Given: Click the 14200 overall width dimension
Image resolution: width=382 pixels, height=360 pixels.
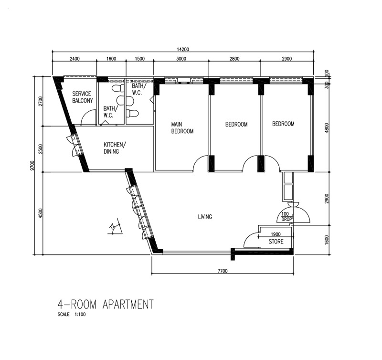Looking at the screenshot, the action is tap(183, 50).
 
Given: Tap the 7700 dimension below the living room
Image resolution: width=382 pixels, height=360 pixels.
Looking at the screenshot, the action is tap(223, 271).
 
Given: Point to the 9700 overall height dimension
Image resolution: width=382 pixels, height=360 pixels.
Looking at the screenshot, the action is tap(33, 166).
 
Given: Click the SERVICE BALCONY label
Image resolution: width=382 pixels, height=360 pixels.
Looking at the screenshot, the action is tap(83, 97).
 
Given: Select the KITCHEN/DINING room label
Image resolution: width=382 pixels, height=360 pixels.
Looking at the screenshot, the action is tap(115, 148).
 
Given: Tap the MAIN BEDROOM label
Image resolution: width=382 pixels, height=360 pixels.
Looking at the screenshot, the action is tap(182, 128).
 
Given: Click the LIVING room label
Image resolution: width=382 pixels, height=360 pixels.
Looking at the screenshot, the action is tap(205, 217).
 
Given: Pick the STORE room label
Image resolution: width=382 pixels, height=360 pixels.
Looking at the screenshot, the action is tap(276, 242).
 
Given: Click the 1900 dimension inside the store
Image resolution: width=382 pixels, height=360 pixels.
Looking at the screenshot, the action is tap(276, 234).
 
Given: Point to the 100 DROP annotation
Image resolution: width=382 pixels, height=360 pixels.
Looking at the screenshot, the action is tap(286, 217).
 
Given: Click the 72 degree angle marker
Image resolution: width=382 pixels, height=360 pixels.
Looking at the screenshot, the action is tap(115, 228).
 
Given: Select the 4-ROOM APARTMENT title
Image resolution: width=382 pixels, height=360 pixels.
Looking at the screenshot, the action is tap(106, 304).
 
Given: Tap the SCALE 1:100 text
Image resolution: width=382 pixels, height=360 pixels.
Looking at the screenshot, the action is tap(72, 315).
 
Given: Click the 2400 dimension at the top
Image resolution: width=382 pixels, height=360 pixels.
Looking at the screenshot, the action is tap(74, 59).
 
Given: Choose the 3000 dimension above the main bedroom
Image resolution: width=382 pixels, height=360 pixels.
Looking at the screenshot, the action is tap(181, 59).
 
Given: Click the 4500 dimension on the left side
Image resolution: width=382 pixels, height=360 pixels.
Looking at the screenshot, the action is tap(41, 213).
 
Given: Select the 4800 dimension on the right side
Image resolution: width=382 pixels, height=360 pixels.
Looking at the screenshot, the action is tap(327, 128).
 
